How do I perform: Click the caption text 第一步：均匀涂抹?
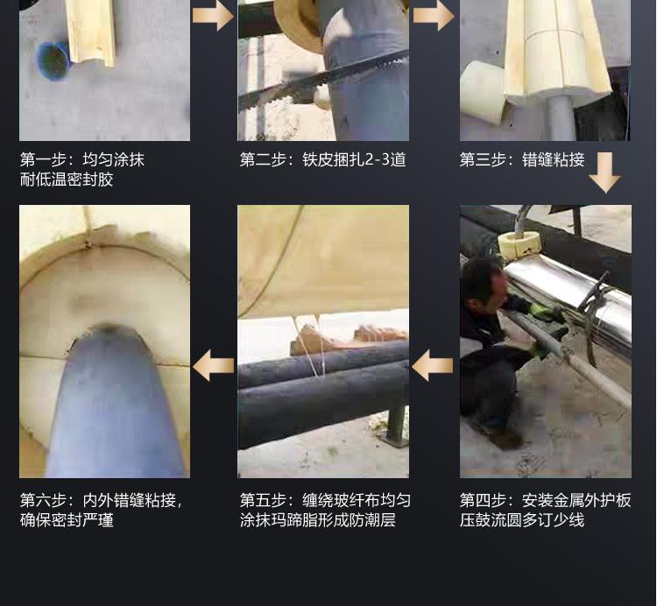point(82,159)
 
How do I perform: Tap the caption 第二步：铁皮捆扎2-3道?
point(322,159)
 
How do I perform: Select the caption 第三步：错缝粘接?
point(522,159)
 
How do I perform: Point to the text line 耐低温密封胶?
point(67,180)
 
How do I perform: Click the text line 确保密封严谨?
point(67,520)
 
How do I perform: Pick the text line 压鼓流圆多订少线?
point(522,520)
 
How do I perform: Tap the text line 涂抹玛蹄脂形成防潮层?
point(318,520)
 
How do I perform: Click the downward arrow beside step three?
point(605,173)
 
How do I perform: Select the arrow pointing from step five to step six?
point(213,365)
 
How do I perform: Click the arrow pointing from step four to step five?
point(433,365)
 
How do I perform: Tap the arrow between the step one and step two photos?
point(213,16)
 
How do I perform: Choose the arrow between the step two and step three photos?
point(434,16)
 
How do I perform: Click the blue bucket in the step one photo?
point(53,61)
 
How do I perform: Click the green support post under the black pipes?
point(395,423)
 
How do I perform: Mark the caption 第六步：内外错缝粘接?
point(101,500)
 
